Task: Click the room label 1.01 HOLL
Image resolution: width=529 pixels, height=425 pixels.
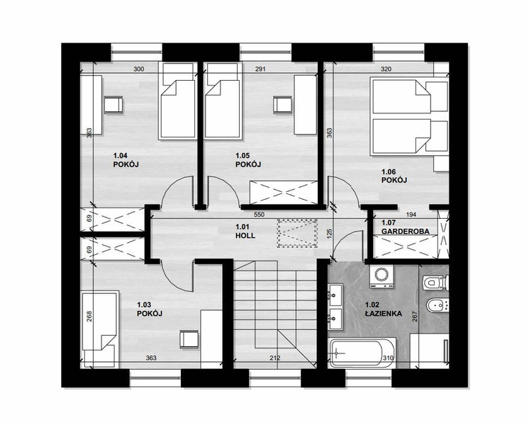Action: (245, 231)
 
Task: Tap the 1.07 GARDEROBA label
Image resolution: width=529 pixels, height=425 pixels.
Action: (405, 227)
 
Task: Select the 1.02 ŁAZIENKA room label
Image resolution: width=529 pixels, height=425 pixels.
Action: (384, 310)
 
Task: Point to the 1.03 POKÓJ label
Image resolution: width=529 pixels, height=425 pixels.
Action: (150, 310)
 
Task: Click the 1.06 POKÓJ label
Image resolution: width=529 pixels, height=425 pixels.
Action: (394, 176)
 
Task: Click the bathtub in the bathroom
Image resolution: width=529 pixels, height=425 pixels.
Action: (362, 353)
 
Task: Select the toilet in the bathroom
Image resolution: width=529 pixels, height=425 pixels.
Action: (435, 282)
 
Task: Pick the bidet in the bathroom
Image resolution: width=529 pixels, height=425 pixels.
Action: (438, 306)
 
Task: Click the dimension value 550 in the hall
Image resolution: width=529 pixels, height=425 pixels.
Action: (259, 215)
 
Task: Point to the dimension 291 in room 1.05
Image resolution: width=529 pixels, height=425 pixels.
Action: (260, 69)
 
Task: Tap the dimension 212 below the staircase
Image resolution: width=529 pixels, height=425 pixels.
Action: (275, 358)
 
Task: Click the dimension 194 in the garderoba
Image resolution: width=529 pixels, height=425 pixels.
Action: (411, 215)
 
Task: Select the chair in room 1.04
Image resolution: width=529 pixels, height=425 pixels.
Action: (113, 105)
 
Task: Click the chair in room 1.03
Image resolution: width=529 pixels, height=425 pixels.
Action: (189, 339)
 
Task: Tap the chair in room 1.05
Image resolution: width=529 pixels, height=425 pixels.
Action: (282, 105)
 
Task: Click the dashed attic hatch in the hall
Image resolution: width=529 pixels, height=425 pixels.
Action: (297, 233)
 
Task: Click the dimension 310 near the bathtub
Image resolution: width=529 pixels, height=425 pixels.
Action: (388, 358)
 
